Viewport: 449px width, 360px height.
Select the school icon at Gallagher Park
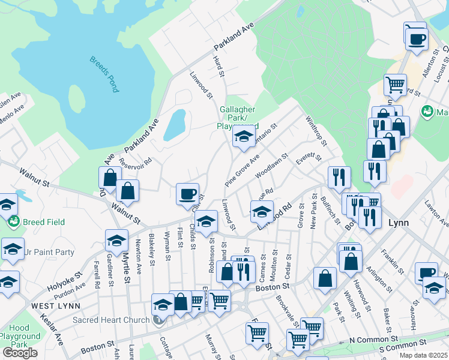click(x=244, y=137)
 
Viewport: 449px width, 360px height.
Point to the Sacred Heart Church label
click(x=110, y=320)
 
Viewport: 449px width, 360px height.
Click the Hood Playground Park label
click(x=19, y=337)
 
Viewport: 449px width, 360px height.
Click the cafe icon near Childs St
click(x=187, y=194)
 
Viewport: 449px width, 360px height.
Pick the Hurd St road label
click(x=219, y=66)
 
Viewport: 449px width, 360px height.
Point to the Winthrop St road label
click(x=316, y=131)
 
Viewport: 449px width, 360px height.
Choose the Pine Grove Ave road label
click(x=242, y=170)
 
